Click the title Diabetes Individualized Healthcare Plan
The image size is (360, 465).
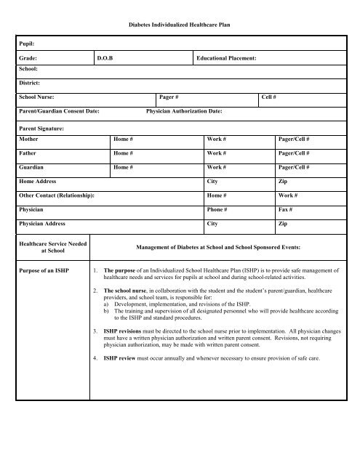180,25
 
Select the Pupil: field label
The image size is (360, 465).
29,44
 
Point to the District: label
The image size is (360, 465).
31,84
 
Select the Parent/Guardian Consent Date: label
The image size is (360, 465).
60,111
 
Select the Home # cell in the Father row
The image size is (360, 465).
123,153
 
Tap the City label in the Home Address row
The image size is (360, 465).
215,182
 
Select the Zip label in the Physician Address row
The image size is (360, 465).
283,224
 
